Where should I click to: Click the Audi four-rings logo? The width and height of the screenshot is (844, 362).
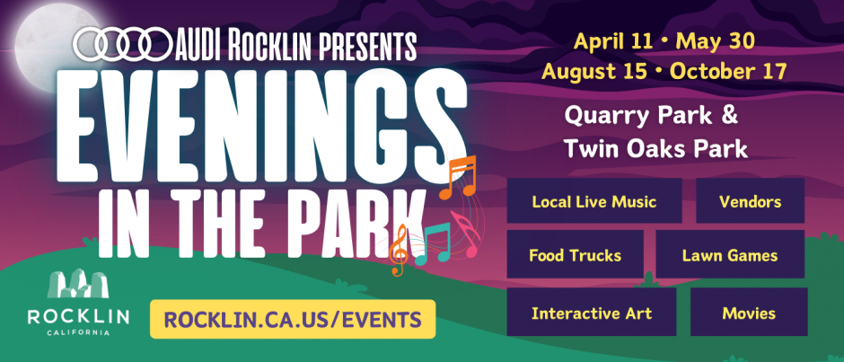121,44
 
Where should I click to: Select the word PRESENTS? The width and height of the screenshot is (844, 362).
367,45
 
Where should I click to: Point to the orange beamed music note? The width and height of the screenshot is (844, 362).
458,178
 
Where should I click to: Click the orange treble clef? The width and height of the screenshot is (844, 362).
399,251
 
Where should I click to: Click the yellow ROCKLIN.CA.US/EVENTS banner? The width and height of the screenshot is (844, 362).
293,319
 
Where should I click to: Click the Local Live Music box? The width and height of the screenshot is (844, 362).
594,200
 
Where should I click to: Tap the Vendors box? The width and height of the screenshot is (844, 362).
750,200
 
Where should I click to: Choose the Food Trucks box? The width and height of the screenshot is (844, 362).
575,254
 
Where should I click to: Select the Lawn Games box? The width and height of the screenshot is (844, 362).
730,254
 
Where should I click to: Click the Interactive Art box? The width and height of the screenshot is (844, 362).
592,312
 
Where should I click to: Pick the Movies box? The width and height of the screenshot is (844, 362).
749,312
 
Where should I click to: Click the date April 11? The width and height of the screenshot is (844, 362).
611,41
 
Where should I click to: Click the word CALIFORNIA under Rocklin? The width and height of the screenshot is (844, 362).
78,333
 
